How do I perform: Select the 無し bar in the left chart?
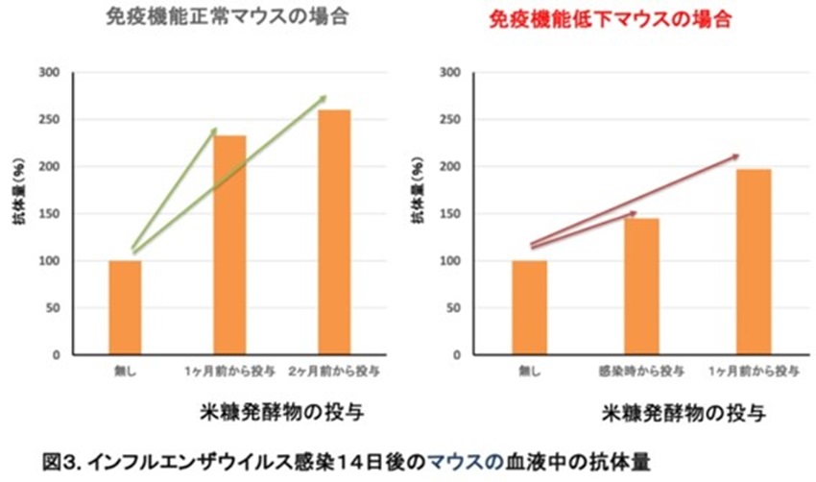click(x=125, y=307)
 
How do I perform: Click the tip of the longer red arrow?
click(x=740, y=155)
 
